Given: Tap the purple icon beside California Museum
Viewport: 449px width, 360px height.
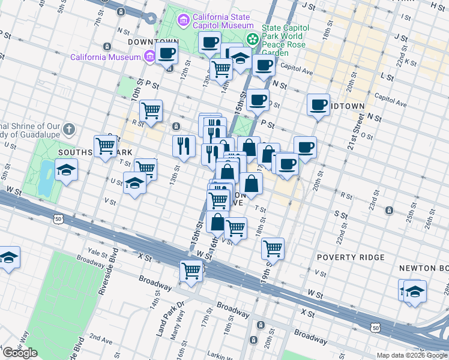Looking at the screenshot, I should click(149, 58).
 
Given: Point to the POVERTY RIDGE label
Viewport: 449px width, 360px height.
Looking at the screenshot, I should click(346, 257).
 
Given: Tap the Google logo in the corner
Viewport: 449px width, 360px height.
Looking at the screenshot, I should click(20, 353).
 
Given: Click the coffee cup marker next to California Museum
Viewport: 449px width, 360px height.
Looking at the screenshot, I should click(167, 53).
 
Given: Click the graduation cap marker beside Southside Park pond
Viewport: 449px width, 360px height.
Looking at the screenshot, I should click(67, 169).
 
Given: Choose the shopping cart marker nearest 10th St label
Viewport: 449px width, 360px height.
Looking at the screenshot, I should click(151, 110).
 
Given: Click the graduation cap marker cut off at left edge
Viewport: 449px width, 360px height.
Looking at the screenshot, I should click(8, 257).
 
